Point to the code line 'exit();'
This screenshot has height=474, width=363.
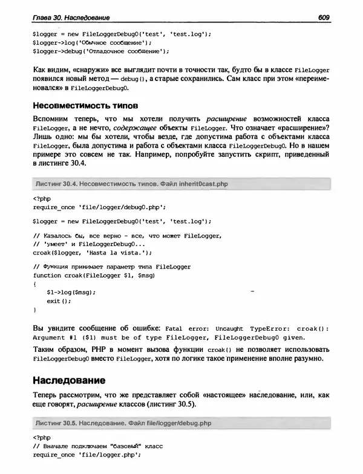[59, 300]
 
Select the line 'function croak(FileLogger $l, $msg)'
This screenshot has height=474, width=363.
[93, 275]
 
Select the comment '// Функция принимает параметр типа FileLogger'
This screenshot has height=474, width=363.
[112, 267]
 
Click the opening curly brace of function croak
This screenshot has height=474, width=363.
[34, 283]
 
